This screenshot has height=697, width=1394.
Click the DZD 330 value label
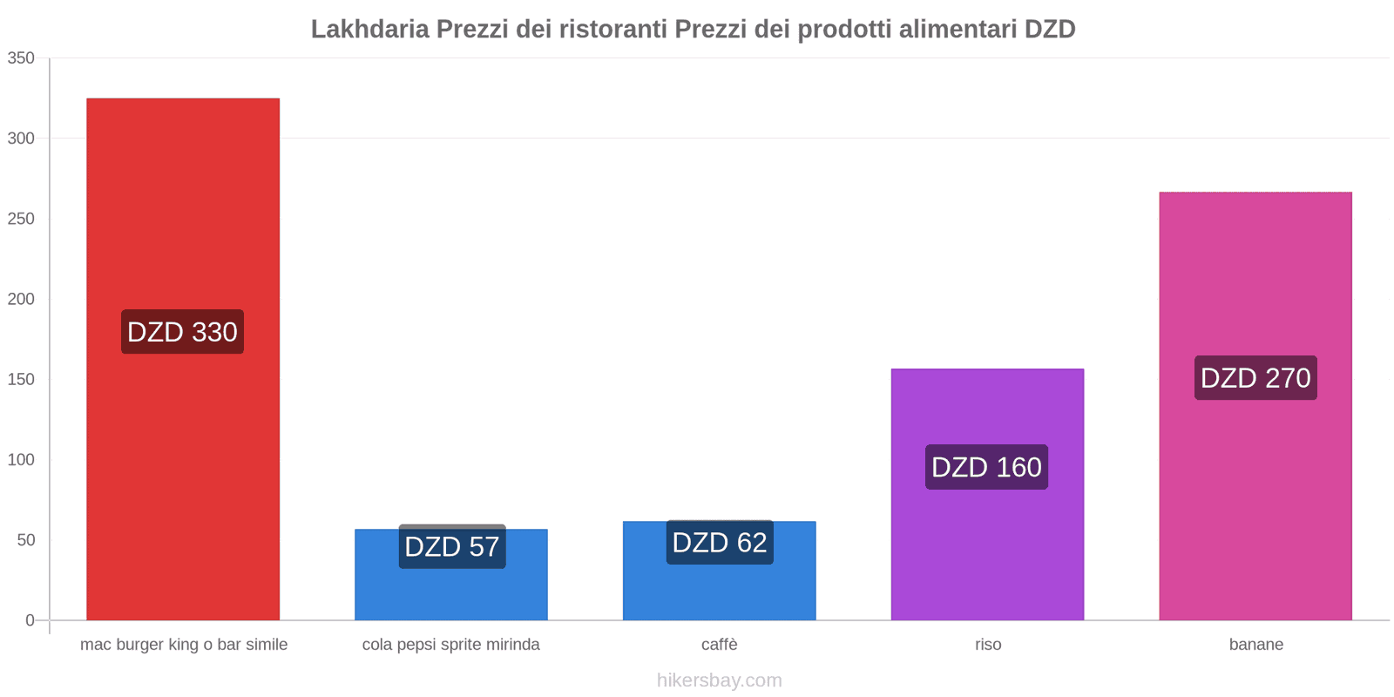[x=182, y=332]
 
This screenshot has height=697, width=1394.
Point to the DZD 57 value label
[x=451, y=547]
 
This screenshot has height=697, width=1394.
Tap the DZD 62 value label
[x=720, y=543]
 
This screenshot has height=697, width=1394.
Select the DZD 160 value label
[x=986, y=467]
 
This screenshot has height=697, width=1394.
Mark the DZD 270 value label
[x=1255, y=378]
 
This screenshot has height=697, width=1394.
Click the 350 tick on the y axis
[x=21, y=58]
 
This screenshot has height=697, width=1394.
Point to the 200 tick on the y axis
[x=21, y=299]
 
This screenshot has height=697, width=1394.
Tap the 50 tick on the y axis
[x=25, y=540]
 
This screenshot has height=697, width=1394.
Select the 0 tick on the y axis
[x=30, y=620]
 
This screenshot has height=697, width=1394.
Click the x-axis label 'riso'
[x=988, y=645]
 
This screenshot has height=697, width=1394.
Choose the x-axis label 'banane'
[x=1255, y=645]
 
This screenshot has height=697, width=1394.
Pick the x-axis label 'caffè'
[x=720, y=645]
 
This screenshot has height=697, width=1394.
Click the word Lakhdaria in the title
[x=369, y=30]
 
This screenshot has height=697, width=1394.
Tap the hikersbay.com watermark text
[x=720, y=680]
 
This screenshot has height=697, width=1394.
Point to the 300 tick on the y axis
[x=21, y=139]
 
